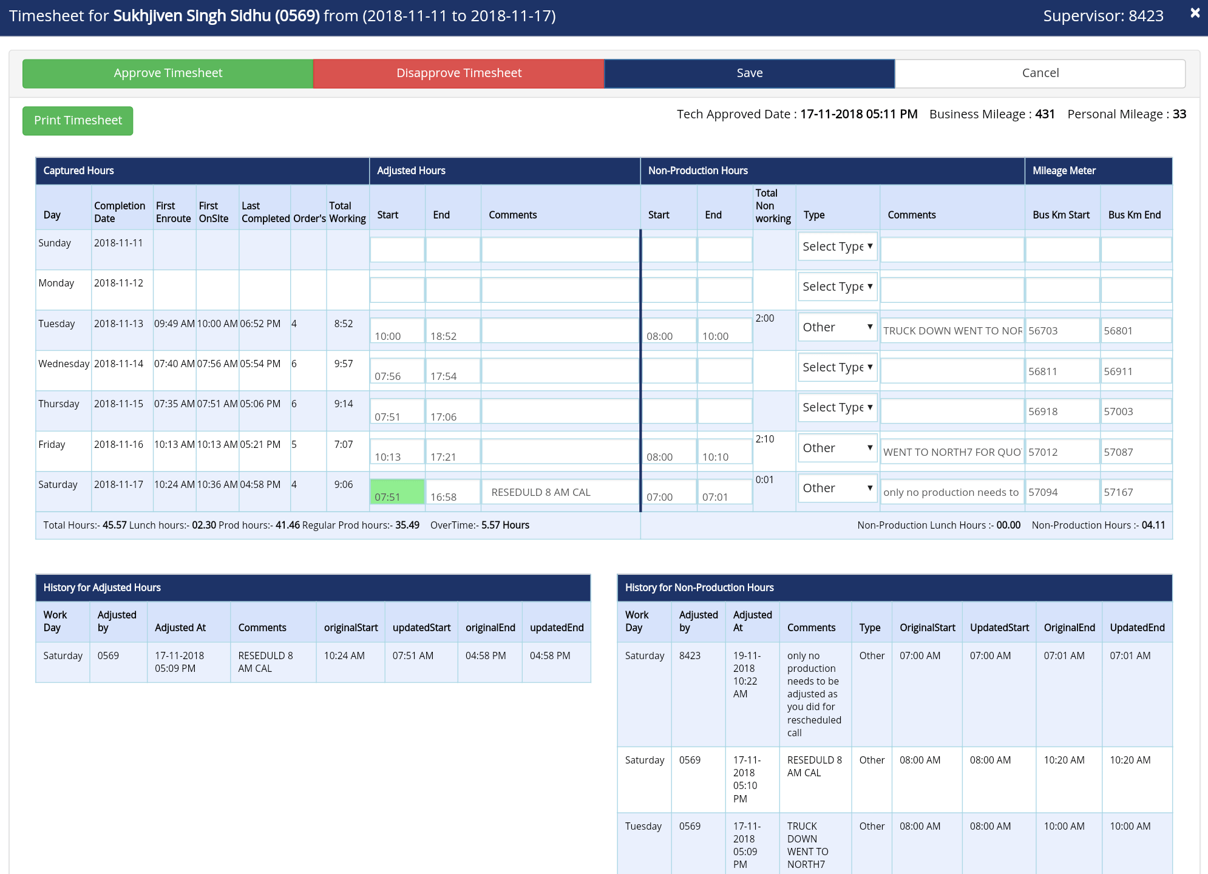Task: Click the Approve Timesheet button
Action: pos(168,73)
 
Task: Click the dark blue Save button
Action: pos(749,73)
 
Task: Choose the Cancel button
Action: pos(1040,73)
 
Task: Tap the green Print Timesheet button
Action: pos(78,121)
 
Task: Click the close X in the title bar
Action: pos(1195,13)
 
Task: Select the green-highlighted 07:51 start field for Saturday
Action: pos(397,492)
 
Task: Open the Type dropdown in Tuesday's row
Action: pos(837,327)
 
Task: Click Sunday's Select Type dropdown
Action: pos(837,246)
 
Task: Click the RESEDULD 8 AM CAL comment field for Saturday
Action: pos(560,492)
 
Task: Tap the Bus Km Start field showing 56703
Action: pos(1062,331)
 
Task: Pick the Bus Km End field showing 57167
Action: pos(1136,492)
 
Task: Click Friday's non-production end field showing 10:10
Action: pos(725,452)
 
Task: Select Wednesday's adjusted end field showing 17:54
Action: pos(453,371)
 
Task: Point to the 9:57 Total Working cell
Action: pos(344,364)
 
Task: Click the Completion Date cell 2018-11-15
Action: pos(119,404)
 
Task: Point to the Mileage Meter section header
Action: pos(1064,171)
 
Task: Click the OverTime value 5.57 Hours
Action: pos(505,525)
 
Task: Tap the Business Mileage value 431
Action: pos(1045,114)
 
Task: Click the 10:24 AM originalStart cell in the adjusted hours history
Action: pos(344,655)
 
